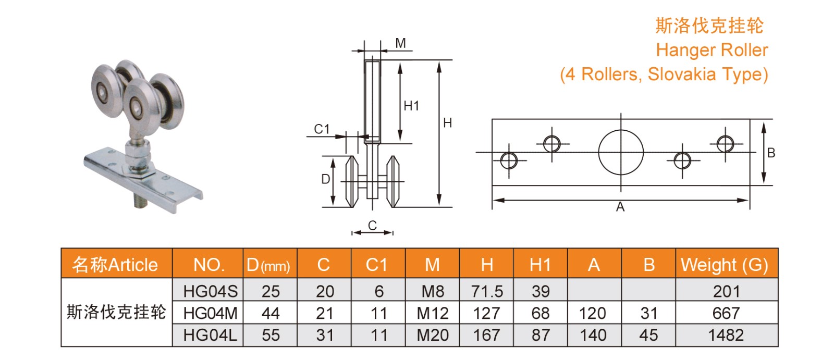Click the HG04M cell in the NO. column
point(210,313)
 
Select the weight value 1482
point(726,335)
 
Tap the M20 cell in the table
point(432,335)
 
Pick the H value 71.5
point(486,291)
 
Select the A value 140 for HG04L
point(593,335)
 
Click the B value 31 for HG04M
point(648,313)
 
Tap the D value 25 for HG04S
point(271,291)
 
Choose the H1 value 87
point(541,335)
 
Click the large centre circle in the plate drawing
point(620,152)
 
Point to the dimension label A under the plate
point(620,207)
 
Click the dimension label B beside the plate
point(771,153)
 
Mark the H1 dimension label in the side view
point(411,106)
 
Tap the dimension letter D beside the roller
point(325,179)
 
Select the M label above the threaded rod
point(400,43)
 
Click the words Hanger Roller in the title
point(712,50)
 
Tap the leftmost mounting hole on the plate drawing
point(509,160)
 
